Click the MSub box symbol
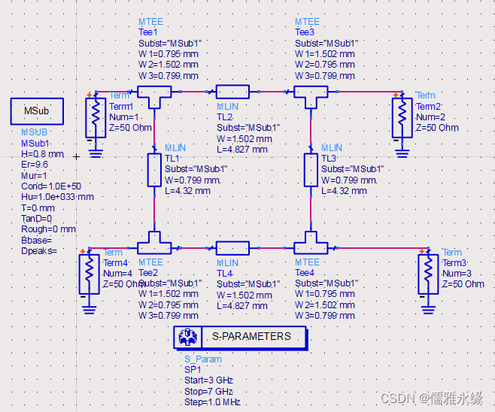[36, 111]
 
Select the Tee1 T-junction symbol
[153, 93]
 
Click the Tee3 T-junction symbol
[310, 93]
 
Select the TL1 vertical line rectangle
[153, 169]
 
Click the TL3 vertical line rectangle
[310, 169]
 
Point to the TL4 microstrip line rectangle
[232, 247]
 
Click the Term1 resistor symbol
[96, 115]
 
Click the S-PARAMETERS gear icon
[187, 338]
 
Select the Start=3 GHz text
[209, 381]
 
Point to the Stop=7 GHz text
[208, 392]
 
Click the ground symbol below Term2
[402, 153]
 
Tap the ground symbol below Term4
[90, 307]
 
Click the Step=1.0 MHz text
[212, 403]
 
